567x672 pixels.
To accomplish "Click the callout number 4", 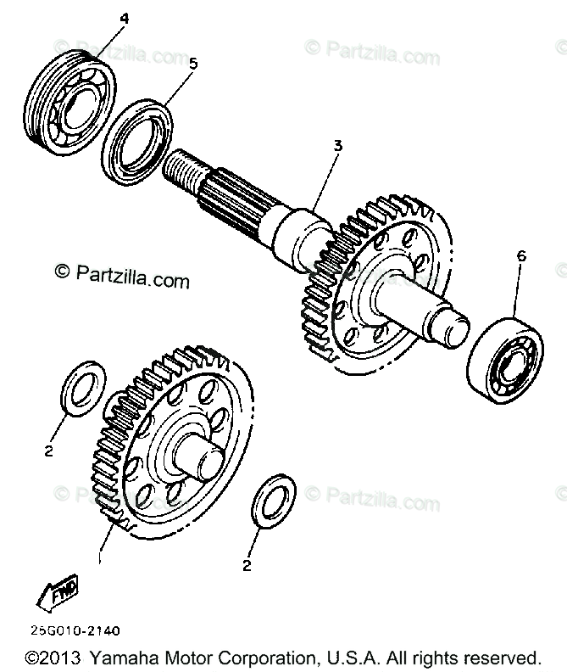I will pos(125,18).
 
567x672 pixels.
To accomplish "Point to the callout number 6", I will pos(520,255).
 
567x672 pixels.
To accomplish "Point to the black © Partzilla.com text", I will pos(122,276).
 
